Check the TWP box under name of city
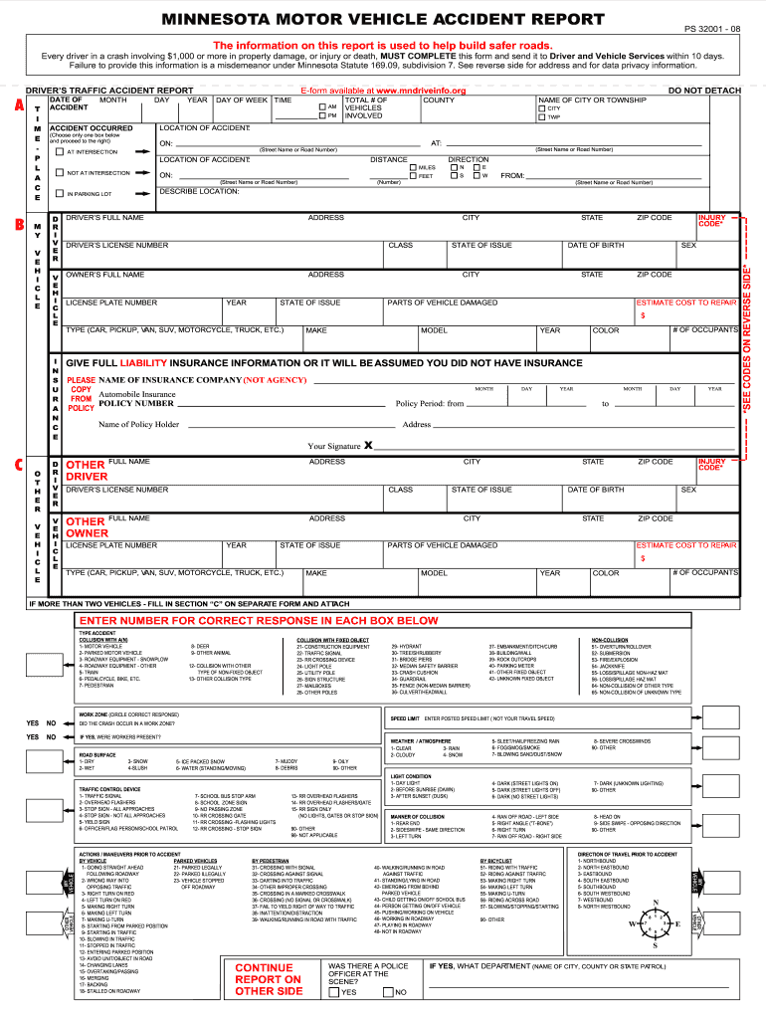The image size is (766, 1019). tap(542, 117)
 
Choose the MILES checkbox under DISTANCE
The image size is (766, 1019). tap(413, 167)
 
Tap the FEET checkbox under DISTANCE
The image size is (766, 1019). tap(413, 176)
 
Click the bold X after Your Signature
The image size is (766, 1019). tap(368, 445)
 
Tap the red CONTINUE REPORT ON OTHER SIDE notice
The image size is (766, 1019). tap(268, 979)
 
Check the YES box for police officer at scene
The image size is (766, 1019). tap(335, 992)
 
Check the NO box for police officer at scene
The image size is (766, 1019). tap(389, 992)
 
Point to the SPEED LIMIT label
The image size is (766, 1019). tap(405, 717)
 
